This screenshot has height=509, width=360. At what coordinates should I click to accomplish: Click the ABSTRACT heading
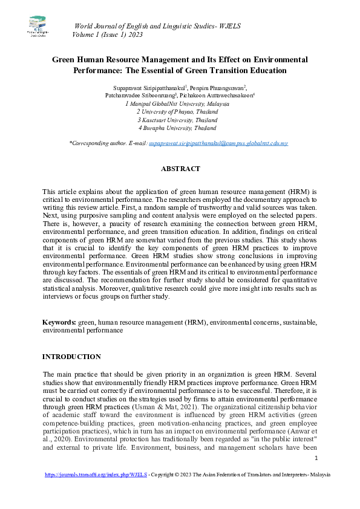tap(180, 169)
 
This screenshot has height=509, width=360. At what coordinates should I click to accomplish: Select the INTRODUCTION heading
tap(71, 357)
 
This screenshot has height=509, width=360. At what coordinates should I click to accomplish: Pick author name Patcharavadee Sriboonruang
tap(140, 96)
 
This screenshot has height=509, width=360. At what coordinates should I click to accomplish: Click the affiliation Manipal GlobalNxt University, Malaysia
tap(179, 103)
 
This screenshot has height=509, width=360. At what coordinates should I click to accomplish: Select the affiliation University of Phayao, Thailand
tap(179, 112)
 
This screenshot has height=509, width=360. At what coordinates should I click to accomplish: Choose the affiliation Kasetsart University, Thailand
tap(179, 120)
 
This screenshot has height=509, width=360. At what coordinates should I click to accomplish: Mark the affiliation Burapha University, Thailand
tap(179, 128)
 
